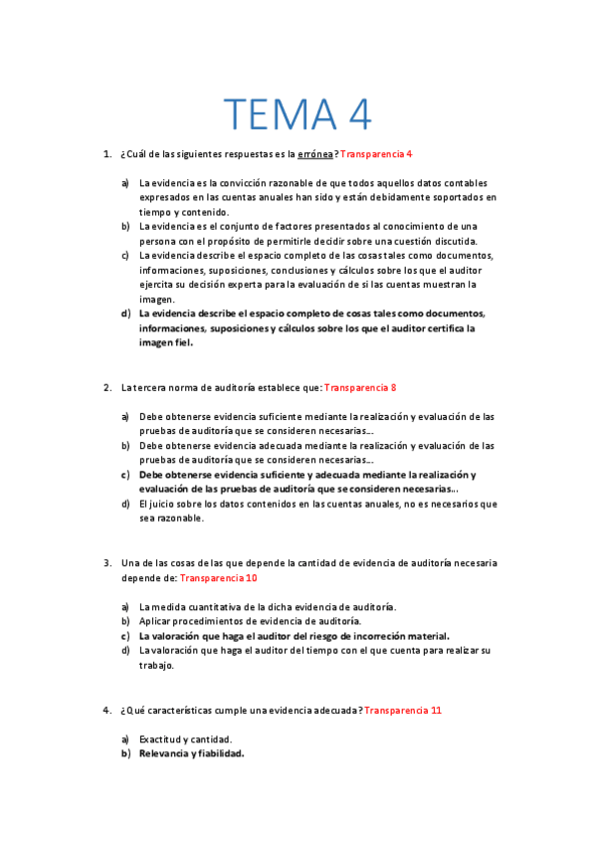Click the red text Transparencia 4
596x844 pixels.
click(376, 154)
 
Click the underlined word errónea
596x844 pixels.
click(315, 154)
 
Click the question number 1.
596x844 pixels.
click(105, 154)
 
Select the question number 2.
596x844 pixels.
click(105, 387)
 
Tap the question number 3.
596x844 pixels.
click(105, 563)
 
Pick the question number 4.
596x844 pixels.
click(105, 710)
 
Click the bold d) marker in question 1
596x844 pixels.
click(125, 314)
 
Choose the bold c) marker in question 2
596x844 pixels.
click(125, 475)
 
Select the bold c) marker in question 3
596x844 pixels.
click(125, 636)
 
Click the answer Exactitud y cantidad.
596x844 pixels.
click(185, 739)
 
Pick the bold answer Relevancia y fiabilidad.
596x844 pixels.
click(192, 753)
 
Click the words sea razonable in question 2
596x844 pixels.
click(171, 519)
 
